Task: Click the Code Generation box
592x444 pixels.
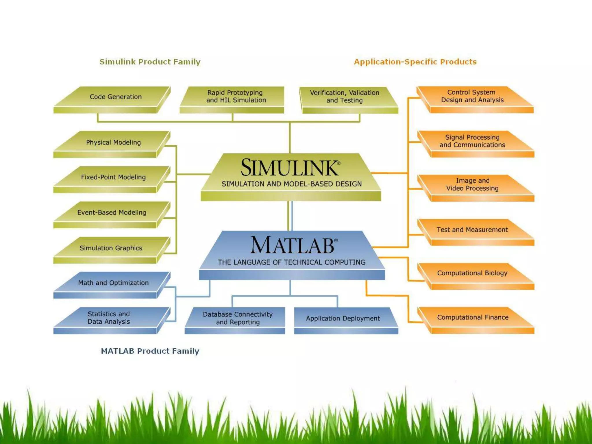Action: tap(115, 97)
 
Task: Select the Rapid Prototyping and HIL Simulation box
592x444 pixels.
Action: tap(236, 97)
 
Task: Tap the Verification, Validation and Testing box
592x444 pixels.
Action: tap(345, 97)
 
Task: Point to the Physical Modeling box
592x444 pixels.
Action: tap(113, 143)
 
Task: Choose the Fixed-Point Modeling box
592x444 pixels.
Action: tap(113, 177)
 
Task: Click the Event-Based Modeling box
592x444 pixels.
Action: tap(112, 213)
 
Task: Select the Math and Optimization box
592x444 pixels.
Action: tap(113, 283)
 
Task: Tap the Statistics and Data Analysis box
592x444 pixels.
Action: tap(109, 318)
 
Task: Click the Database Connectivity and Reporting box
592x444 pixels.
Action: tap(238, 318)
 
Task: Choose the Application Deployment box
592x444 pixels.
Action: tap(343, 319)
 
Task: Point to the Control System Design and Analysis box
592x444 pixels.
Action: tap(472, 96)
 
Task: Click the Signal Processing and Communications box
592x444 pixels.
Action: tap(472, 141)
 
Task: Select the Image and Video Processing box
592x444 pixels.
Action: tap(472, 185)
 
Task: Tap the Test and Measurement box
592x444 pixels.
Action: tap(472, 230)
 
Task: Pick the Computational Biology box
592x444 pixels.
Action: tap(472, 273)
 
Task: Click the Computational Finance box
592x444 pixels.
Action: tap(473, 317)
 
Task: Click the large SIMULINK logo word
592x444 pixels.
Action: tap(290, 168)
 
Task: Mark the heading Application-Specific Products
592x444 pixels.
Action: tap(415, 62)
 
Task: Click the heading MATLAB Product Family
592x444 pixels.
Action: tap(150, 351)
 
